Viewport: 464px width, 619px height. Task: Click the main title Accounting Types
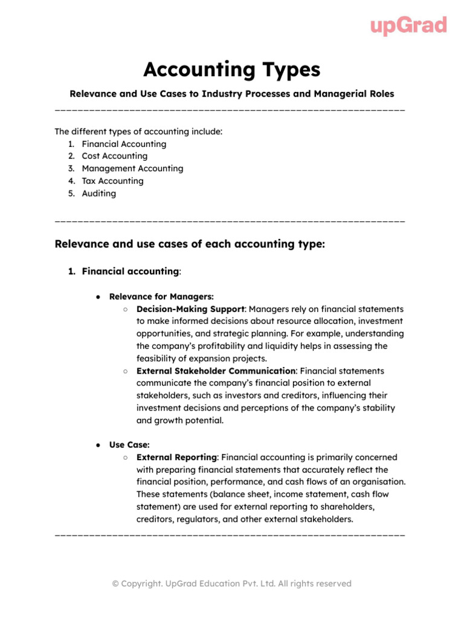[x=231, y=70]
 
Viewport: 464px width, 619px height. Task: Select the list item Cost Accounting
[x=114, y=156]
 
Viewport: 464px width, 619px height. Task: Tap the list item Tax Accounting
[x=112, y=181]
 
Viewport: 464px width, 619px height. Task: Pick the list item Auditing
[x=98, y=193]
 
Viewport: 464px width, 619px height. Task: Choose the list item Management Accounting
[x=132, y=169]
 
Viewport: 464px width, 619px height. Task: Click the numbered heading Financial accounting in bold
[x=130, y=272]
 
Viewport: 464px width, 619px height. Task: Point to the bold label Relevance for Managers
[x=161, y=297]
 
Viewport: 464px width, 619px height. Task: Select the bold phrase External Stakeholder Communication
[x=216, y=371]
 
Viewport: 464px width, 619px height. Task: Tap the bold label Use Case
[x=129, y=445]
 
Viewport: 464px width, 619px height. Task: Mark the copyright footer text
[x=231, y=584]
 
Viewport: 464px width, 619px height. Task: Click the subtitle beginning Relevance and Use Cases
[x=231, y=94]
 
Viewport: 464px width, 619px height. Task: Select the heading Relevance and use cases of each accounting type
[x=190, y=244]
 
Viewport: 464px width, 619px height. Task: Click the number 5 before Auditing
[x=71, y=193]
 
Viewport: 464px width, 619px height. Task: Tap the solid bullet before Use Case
[x=98, y=445]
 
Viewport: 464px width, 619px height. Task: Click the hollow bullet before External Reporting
[x=124, y=458]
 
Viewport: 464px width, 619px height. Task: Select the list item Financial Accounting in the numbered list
[x=124, y=144]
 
